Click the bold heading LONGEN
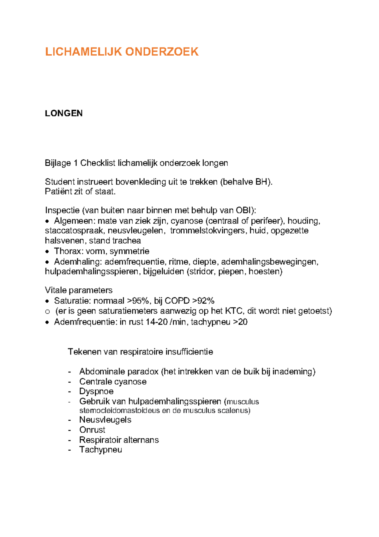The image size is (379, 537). [64, 114]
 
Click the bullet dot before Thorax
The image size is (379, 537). [47, 252]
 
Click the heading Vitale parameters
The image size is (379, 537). [79, 290]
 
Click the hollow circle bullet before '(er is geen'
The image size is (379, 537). [47, 312]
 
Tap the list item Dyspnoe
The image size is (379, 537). [96, 392]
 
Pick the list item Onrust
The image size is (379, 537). [92, 430]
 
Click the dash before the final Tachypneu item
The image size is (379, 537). [69, 450]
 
